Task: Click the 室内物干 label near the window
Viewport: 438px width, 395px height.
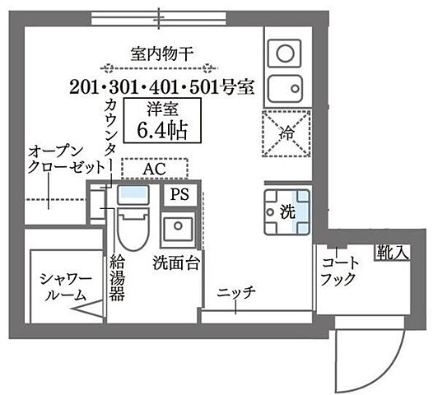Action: coord(162,53)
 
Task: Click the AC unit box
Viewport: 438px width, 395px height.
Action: coord(154,169)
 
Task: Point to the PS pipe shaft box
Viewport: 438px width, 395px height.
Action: coord(179,195)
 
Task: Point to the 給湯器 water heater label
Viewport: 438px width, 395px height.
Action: coord(117,278)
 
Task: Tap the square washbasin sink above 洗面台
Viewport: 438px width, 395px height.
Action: coord(177,229)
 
